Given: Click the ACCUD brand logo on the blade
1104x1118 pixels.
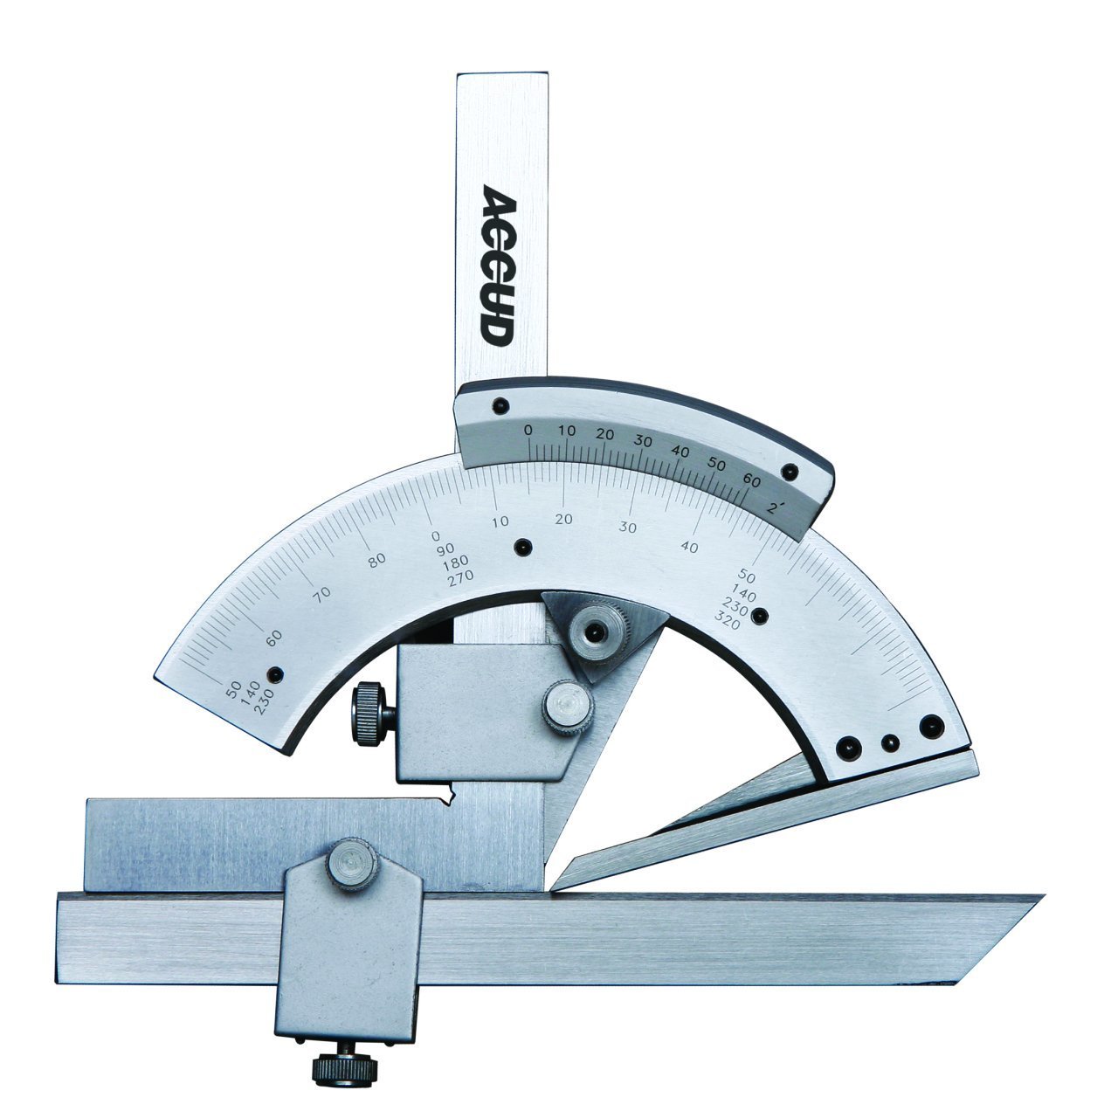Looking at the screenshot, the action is (497, 266).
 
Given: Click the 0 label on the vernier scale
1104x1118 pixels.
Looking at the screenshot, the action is (528, 430).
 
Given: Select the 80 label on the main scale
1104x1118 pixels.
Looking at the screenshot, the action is (376, 560).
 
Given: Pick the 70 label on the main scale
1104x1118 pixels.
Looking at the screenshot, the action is (321, 593).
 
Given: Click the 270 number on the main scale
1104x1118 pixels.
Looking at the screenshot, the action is (461, 576).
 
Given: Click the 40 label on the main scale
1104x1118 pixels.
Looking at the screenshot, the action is (689, 546).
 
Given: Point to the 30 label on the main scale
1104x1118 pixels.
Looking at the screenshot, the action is (627, 528).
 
